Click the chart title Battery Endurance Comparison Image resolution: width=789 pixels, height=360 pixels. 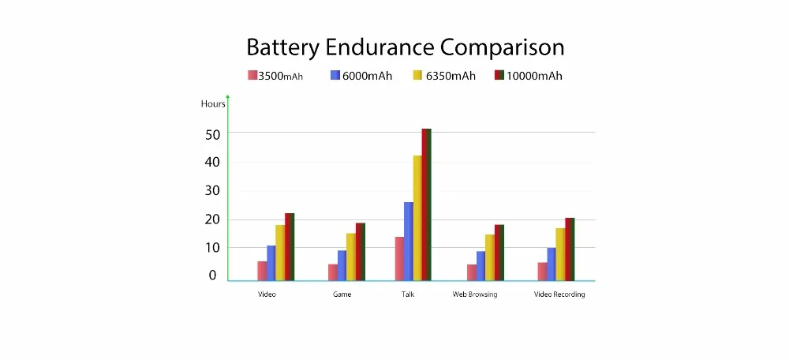[x=405, y=47]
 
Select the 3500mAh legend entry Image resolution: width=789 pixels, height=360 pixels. [x=275, y=76]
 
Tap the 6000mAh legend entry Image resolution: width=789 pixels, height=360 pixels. [x=361, y=76]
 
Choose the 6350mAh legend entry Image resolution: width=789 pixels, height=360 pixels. [x=444, y=76]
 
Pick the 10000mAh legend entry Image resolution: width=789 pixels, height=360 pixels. [x=528, y=76]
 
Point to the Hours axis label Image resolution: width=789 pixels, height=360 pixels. [x=213, y=104]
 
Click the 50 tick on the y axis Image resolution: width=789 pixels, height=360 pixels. [x=211, y=134]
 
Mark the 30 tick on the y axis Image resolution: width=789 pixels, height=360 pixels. [x=211, y=191]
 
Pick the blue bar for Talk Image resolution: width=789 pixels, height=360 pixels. [x=408, y=241]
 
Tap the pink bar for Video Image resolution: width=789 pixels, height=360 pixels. [x=262, y=270]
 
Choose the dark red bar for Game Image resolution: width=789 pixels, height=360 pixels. [x=361, y=251]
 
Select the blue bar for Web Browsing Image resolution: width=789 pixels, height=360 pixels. [x=481, y=265]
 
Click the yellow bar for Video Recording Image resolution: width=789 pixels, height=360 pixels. [x=560, y=253]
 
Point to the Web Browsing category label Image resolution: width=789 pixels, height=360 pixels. [x=475, y=294]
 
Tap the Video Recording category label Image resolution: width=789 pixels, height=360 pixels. [x=559, y=294]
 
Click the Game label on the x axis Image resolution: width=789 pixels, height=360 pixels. [x=342, y=294]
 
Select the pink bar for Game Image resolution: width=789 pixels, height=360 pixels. [x=333, y=272]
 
